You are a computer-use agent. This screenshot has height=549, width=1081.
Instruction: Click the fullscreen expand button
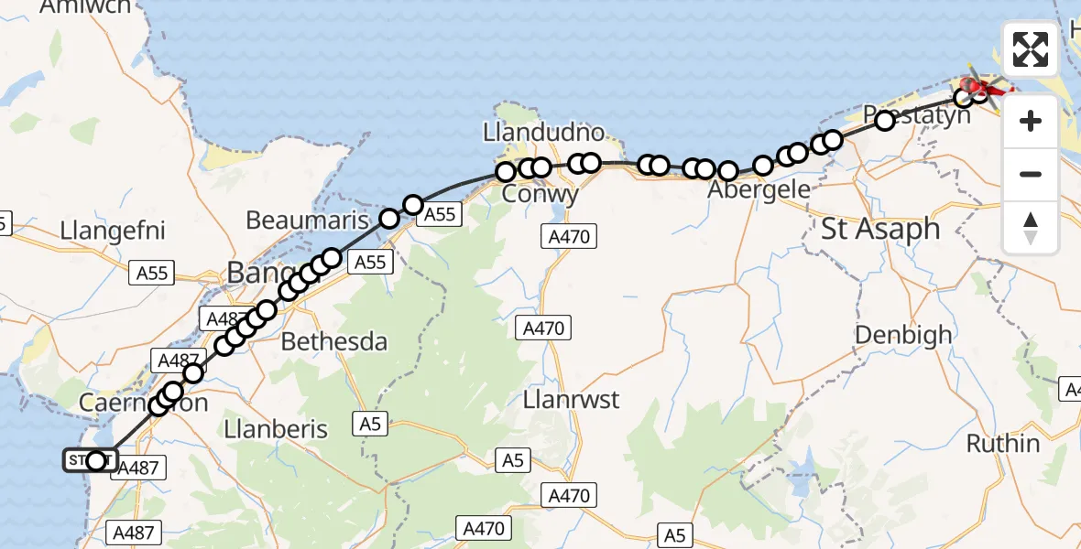click(1031, 49)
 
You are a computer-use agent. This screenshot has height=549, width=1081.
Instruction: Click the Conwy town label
click(541, 195)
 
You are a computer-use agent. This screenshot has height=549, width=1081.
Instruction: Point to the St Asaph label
click(880, 229)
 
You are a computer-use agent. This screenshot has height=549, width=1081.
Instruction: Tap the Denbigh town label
click(903, 335)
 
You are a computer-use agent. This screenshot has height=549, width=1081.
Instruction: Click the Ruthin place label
click(1003, 444)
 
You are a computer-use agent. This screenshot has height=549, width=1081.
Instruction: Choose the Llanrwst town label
click(571, 400)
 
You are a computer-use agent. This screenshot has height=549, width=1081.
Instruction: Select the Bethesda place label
click(334, 342)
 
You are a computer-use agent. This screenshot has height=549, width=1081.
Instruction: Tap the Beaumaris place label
click(307, 221)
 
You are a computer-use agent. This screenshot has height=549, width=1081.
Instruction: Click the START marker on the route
click(91, 460)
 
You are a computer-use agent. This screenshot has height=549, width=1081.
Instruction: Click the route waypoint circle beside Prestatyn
click(885, 120)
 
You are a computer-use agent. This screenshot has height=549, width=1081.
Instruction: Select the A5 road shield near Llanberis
click(368, 424)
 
